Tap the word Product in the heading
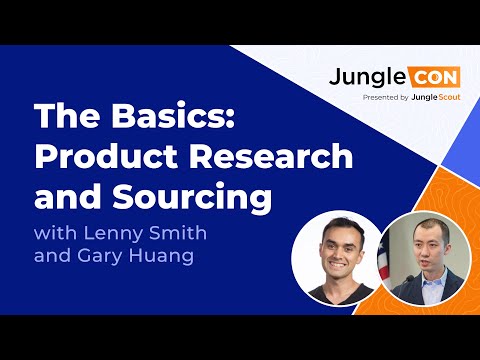coord(104,156)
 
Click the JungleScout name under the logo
coord(428,98)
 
